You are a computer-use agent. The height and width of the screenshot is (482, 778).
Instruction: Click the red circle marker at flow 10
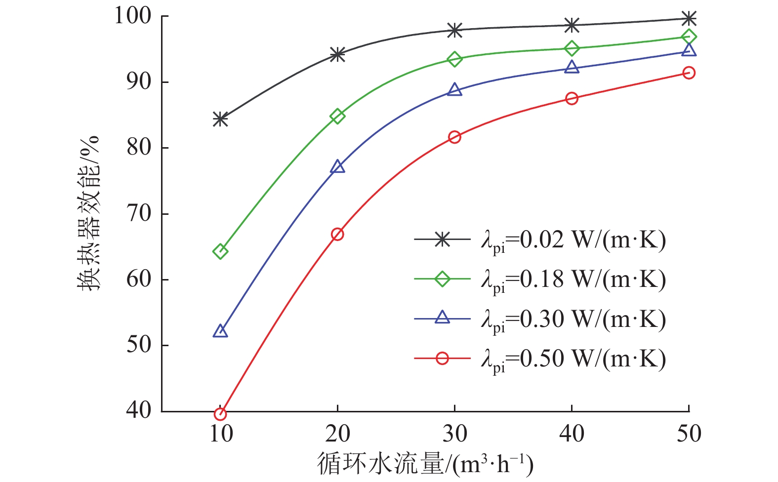[x=220, y=414]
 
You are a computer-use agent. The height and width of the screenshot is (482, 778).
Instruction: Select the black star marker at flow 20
[x=337, y=54]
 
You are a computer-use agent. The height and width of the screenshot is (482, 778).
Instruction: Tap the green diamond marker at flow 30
[x=454, y=59]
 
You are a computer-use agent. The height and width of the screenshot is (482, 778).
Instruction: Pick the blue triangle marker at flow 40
[x=572, y=67]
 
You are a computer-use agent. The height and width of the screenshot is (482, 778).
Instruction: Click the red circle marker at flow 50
[x=689, y=73]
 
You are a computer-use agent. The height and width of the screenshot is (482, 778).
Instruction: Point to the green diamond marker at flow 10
[x=220, y=251]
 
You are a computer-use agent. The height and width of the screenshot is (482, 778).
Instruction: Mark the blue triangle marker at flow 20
[x=337, y=167]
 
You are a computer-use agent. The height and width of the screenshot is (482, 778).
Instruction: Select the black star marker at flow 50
[x=689, y=19]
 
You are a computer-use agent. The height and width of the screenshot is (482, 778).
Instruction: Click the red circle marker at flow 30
[x=454, y=137]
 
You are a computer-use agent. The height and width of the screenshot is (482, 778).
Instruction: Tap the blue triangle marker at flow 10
[x=220, y=331]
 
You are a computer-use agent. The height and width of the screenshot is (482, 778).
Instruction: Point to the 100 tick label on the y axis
[x=133, y=16]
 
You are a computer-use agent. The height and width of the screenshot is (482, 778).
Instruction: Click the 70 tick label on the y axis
[x=139, y=214]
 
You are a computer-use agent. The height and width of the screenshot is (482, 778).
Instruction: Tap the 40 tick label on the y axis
[x=139, y=410]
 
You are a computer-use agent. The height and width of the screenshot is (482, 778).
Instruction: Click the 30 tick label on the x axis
[x=454, y=434]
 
